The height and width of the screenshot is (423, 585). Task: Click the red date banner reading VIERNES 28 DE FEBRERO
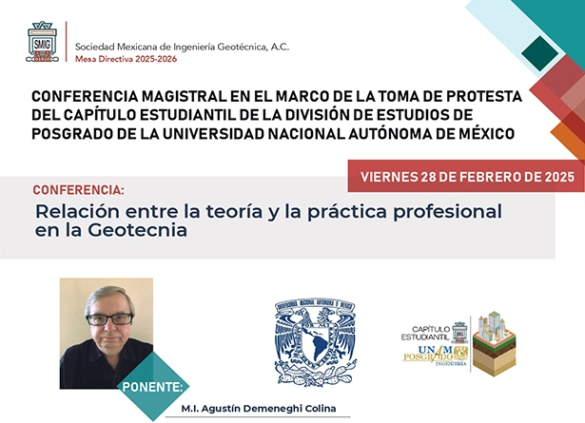(x=465, y=175)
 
